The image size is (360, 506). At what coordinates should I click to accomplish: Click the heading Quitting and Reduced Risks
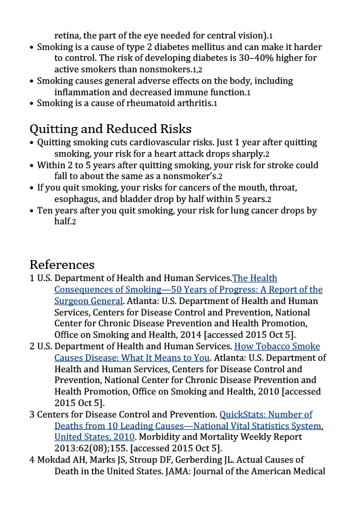point(110,128)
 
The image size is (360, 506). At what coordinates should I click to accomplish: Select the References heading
point(61,263)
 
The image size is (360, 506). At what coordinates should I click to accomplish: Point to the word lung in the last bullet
point(241,210)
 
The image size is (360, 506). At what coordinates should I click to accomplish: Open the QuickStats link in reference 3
point(266,414)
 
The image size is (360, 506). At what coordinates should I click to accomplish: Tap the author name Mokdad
point(56,459)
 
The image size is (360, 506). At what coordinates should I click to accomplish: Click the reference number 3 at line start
point(32,414)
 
